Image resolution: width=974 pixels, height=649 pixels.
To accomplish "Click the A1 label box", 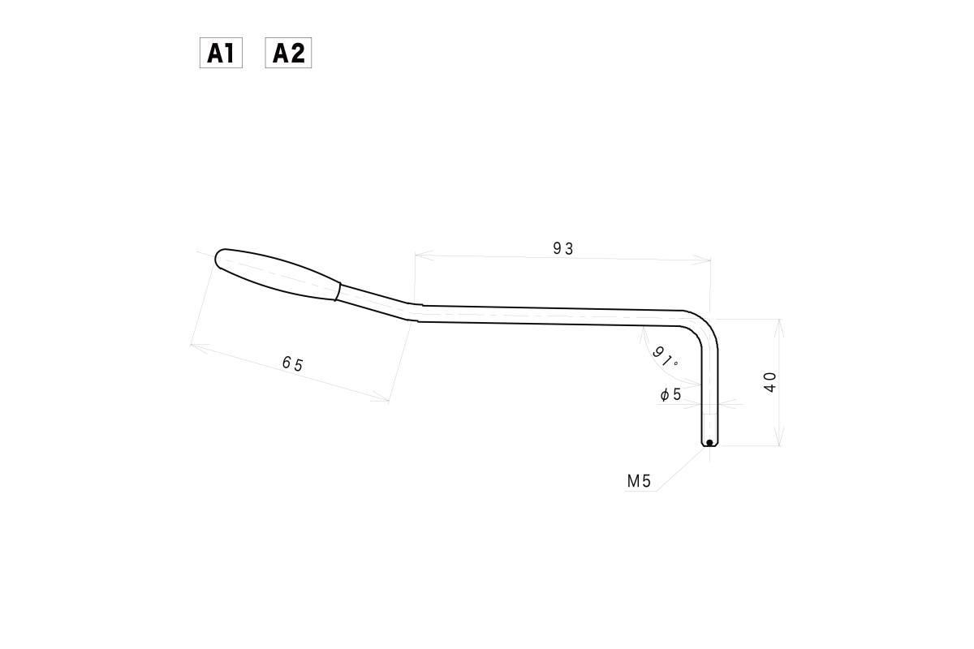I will point(221,54).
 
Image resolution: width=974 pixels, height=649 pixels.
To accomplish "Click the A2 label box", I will point(288,54).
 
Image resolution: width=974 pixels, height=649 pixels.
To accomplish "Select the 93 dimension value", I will point(563,249).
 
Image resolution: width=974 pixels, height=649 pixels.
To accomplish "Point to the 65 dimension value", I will point(292,364).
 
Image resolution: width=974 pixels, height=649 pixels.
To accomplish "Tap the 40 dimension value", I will point(770,381).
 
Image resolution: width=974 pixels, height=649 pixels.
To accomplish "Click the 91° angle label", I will point(665,357).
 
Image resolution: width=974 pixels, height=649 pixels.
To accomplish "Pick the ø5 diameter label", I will point(670,395).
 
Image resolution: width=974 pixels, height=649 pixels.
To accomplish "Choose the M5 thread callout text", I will point(639,481).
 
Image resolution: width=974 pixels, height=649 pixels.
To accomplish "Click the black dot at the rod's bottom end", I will point(709,442).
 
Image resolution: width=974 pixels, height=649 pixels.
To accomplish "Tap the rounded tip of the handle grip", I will point(220,259).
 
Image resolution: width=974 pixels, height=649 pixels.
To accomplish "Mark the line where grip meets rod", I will point(338,291).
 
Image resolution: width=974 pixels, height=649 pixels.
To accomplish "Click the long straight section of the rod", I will point(552,315).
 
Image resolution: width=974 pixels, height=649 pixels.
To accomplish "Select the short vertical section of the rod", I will point(710,389).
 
